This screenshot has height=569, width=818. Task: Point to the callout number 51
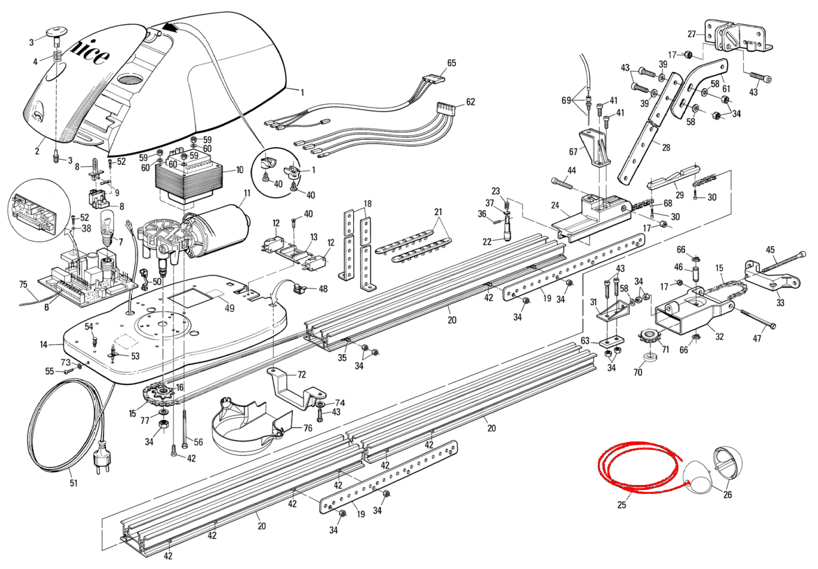click(x=74, y=483)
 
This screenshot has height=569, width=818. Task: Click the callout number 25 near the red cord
click(x=621, y=505)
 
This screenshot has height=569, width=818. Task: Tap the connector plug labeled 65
click(x=433, y=79)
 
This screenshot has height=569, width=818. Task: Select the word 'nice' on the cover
click(x=89, y=50)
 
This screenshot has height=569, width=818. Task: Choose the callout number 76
click(x=308, y=428)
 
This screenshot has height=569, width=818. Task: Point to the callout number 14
click(x=44, y=344)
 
